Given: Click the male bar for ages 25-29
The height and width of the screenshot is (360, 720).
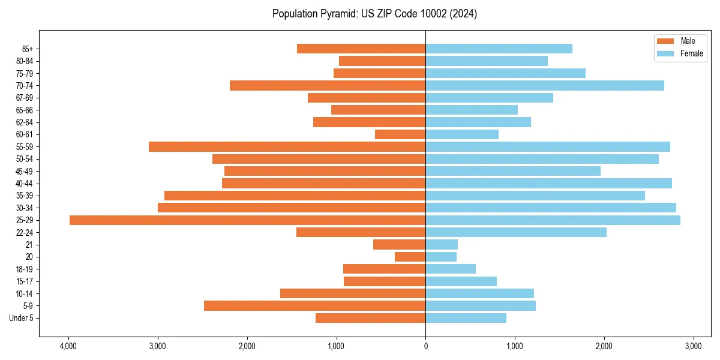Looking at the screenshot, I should [x=247, y=220].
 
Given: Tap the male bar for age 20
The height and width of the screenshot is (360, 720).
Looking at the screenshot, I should [x=410, y=257].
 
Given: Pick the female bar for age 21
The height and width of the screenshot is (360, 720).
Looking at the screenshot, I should [x=442, y=245].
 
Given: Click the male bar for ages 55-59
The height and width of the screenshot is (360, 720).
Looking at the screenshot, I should [x=287, y=147].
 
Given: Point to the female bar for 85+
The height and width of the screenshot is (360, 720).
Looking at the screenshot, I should [x=499, y=49].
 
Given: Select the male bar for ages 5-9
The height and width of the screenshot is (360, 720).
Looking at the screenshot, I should [x=314, y=306].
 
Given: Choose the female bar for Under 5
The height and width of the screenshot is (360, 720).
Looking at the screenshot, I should [x=466, y=318].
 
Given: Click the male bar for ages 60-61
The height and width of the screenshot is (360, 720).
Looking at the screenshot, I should [x=400, y=134].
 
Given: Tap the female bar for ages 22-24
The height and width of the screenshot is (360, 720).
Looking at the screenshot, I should [x=516, y=232].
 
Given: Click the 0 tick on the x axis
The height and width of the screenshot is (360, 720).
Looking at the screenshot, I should [x=425, y=346].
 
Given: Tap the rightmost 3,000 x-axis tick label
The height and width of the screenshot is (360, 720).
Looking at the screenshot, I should [x=693, y=346].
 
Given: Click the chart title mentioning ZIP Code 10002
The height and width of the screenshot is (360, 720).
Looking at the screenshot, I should [x=374, y=13].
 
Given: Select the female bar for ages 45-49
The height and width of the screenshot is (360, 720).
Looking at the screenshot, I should [x=513, y=171].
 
